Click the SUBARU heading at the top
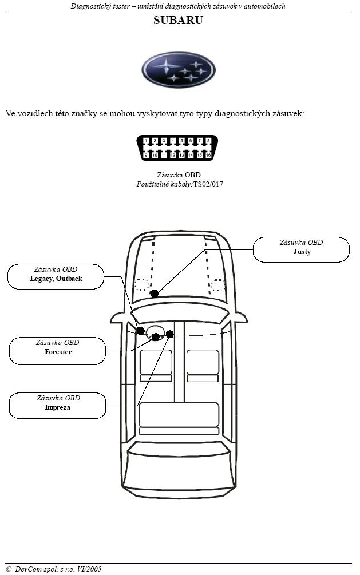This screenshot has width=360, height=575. click(178, 20)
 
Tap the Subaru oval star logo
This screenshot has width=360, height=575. click(179, 70)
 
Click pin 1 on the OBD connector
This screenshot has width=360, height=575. click(146, 140)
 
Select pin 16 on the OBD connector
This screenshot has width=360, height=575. click(208, 155)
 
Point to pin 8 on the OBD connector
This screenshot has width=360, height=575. click(208, 140)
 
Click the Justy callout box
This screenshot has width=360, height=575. click(301, 249)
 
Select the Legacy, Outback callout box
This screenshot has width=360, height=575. click(56, 276)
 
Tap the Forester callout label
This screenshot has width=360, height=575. click(58, 351)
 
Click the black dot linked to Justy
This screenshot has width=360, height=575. click(154, 294)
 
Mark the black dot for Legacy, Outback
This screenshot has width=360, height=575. click(140, 330)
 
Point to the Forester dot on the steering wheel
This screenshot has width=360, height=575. click(156, 336)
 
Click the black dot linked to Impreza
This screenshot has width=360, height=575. click(169, 334)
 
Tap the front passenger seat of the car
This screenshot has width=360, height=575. click(203, 366)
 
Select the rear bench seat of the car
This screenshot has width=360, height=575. click(179, 419)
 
